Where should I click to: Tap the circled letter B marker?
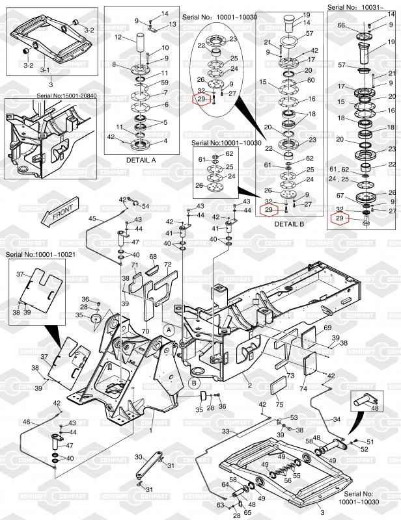(x=195, y=383)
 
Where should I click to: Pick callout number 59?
(x=165, y=83)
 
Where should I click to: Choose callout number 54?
(x=145, y=206)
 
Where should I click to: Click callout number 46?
(x=26, y=422)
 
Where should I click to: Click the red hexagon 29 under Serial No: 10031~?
(x=339, y=219)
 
